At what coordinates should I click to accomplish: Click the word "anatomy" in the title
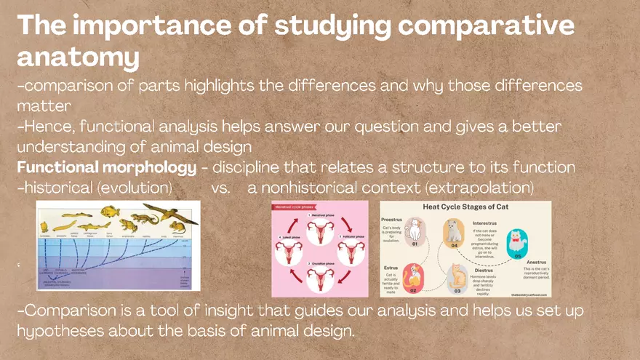(78, 57)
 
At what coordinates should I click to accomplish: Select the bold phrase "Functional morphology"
(106, 167)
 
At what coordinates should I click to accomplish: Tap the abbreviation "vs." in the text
(221, 188)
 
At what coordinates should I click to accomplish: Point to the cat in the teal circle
(517, 241)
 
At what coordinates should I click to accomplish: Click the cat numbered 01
(414, 231)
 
